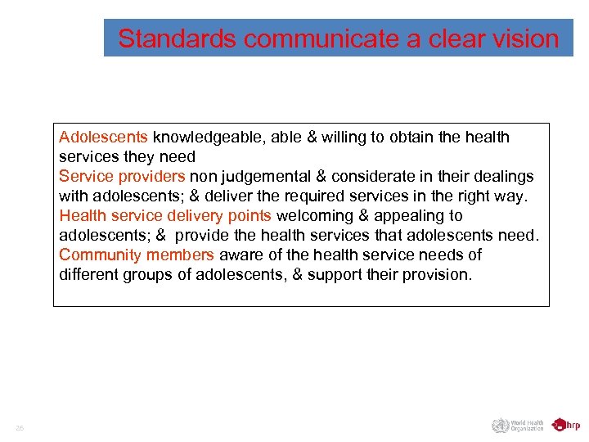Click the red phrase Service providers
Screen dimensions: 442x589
(x=122, y=176)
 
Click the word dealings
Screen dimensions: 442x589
(x=504, y=176)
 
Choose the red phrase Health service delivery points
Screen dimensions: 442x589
(x=165, y=215)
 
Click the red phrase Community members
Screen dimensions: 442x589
(x=136, y=255)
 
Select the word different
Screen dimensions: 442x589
(x=88, y=274)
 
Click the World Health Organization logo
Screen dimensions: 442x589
(x=517, y=425)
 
